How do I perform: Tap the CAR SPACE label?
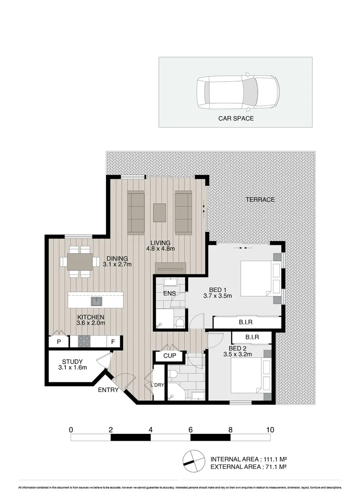(x=236, y=119)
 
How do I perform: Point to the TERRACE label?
(x=260, y=200)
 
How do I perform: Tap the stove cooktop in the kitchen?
(x=84, y=341)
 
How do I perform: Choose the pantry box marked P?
(x=59, y=342)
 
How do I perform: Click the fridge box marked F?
(x=112, y=342)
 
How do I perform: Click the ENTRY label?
(x=108, y=390)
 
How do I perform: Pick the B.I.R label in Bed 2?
(x=252, y=338)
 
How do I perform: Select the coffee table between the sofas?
(x=159, y=212)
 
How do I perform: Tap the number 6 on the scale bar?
(x=190, y=430)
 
